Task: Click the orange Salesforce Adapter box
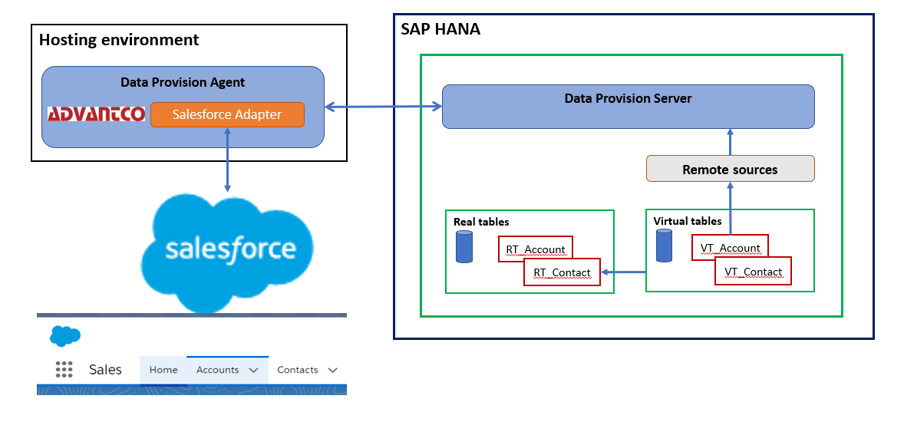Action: pyautogui.click(x=227, y=114)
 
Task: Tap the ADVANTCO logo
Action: pyautogui.click(x=96, y=114)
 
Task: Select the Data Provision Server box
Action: pyautogui.click(x=628, y=106)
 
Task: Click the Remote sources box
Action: pyautogui.click(x=730, y=169)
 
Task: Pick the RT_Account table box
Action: pyautogui.click(x=536, y=249)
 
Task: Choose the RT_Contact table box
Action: pyautogui.click(x=562, y=272)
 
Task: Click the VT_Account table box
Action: pyautogui.click(x=730, y=247)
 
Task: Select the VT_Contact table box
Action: pyautogui.click(x=753, y=271)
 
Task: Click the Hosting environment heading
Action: pyautogui.click(x=119, y=39)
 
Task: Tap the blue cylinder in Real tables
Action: pyautogui.click(x=464, y=247)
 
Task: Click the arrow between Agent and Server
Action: pyautogui.click(x=383, y=107)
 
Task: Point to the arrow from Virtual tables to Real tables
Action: pyautogui.click(x=623, y=272)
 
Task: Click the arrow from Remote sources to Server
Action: pyautogui.click(x=730, y=142)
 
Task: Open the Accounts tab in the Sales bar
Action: pyautogui.click(x=217, y=370)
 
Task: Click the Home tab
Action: pyautogui.click(x=163, y=370)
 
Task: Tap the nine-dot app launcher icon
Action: pyautogui.click(x=64, y=370)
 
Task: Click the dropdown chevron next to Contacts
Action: pyautogui.click(x=332, y=370)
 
